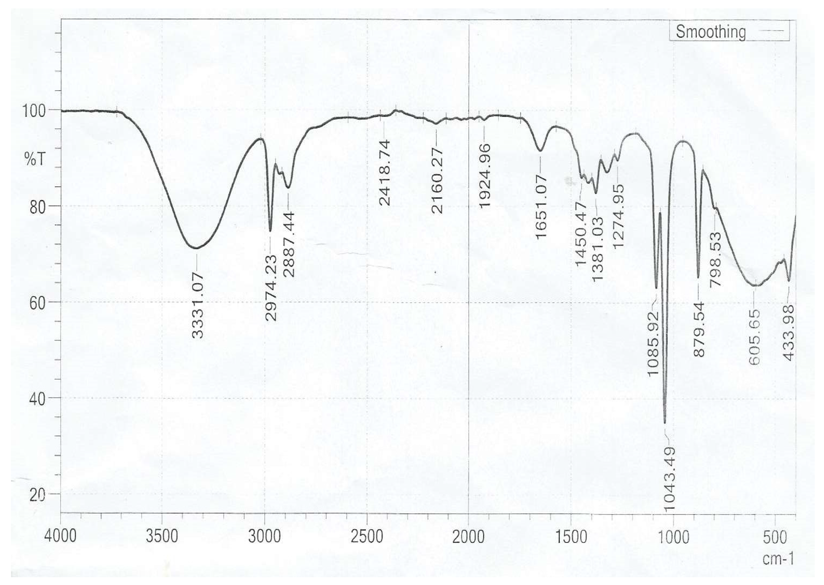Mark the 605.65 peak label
[755, 336]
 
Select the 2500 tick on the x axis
[367, 536]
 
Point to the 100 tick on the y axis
[34, 111]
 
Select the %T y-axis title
[35, 159]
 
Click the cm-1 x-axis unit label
[778, 559]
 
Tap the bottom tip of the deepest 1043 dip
[665, 422]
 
